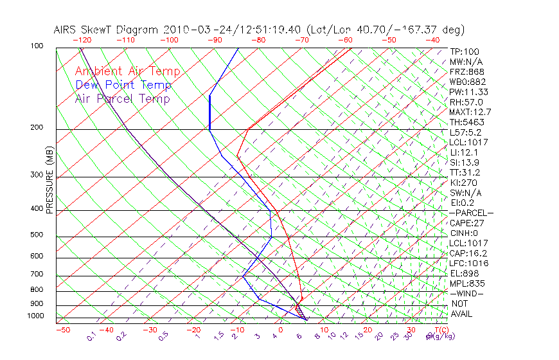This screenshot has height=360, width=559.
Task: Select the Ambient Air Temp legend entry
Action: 127,71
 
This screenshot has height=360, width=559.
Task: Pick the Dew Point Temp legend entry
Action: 123,85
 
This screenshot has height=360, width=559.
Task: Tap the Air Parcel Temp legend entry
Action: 122,98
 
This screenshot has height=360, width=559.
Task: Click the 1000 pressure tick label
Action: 37,316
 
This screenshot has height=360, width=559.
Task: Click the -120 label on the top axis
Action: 82,40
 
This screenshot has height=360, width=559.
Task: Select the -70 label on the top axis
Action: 301,40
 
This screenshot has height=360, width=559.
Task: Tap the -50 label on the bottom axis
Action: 62,330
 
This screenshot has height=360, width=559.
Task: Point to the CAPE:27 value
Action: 466,223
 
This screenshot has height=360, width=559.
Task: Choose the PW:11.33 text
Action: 469,92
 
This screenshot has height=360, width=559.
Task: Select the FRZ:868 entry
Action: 466,72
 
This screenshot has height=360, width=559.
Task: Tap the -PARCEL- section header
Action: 471,213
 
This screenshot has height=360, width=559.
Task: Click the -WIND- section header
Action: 466,293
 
